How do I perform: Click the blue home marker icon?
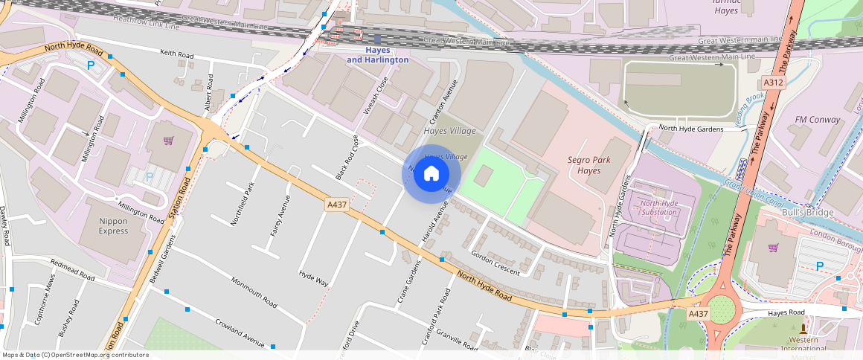pos(431,174)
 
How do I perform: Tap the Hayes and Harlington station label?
pos(378,54)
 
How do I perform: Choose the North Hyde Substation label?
pos(658,208)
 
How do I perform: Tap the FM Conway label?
pos(817,119)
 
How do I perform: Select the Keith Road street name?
pos(176,54)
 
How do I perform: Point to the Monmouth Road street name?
pos(254,292)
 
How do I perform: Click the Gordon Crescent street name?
pos(495,262)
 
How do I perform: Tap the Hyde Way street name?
pos(313,277)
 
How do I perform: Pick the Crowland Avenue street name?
pos(240,332)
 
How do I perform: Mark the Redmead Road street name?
pos(74,269)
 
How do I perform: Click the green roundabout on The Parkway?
pos(721,309)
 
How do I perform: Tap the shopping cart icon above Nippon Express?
pos(169,140)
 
